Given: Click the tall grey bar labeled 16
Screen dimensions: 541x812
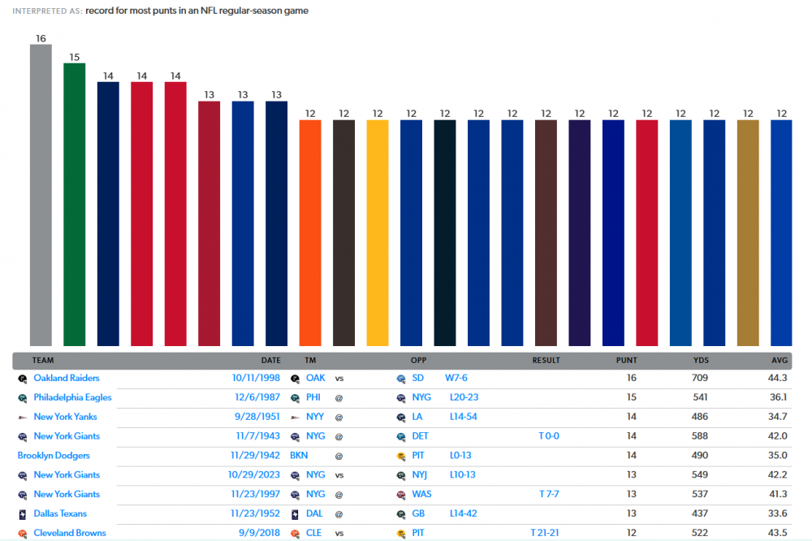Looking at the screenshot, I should [x=41, y=195].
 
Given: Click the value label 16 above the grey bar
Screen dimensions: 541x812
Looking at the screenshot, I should [x=41, y=38].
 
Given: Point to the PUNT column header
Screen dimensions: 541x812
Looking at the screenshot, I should [x=626, y=360].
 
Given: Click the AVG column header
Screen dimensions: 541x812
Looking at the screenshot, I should [x=780, y=360].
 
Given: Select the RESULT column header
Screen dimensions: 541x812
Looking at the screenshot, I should [x=546, y=360].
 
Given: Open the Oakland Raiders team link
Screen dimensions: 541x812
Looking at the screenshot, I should [x=67, y=378].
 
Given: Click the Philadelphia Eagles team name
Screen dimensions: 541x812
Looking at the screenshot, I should [x=72, y=397].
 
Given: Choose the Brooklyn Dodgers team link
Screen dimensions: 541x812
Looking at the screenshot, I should [x=54, y=456].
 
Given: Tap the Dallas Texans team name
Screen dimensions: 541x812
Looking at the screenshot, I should [x=60, y=513].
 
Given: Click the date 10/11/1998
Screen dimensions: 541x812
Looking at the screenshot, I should [x=256, y=378].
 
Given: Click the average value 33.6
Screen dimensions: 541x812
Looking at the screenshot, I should [x=778, y=513].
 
